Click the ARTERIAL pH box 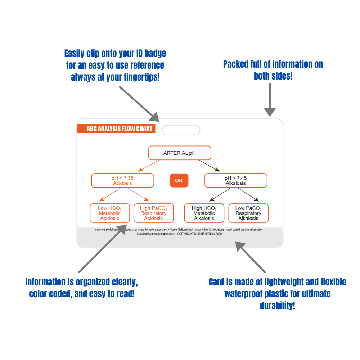coord(180,153)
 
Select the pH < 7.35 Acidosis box coord(123,180)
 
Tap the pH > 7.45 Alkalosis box coord(236,180)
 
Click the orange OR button coord(179,180)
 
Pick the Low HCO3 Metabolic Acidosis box coord(110,213)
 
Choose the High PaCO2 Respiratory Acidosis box coord(154,213)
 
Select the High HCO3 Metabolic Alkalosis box coord(204,213)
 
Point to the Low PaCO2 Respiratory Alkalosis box coord(248,213)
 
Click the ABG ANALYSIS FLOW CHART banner coord(116,129)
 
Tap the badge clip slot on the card coord(181,130)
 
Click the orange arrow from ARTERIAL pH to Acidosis coord(148,166)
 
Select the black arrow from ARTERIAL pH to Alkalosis coord(210,166)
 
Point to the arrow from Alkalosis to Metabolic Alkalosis coord(220,194)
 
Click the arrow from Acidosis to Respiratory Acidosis coord(138,194)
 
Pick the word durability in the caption coord(277,306)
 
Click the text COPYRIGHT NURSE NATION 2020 coord(199,234)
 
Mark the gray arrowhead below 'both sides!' coord(270,112)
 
